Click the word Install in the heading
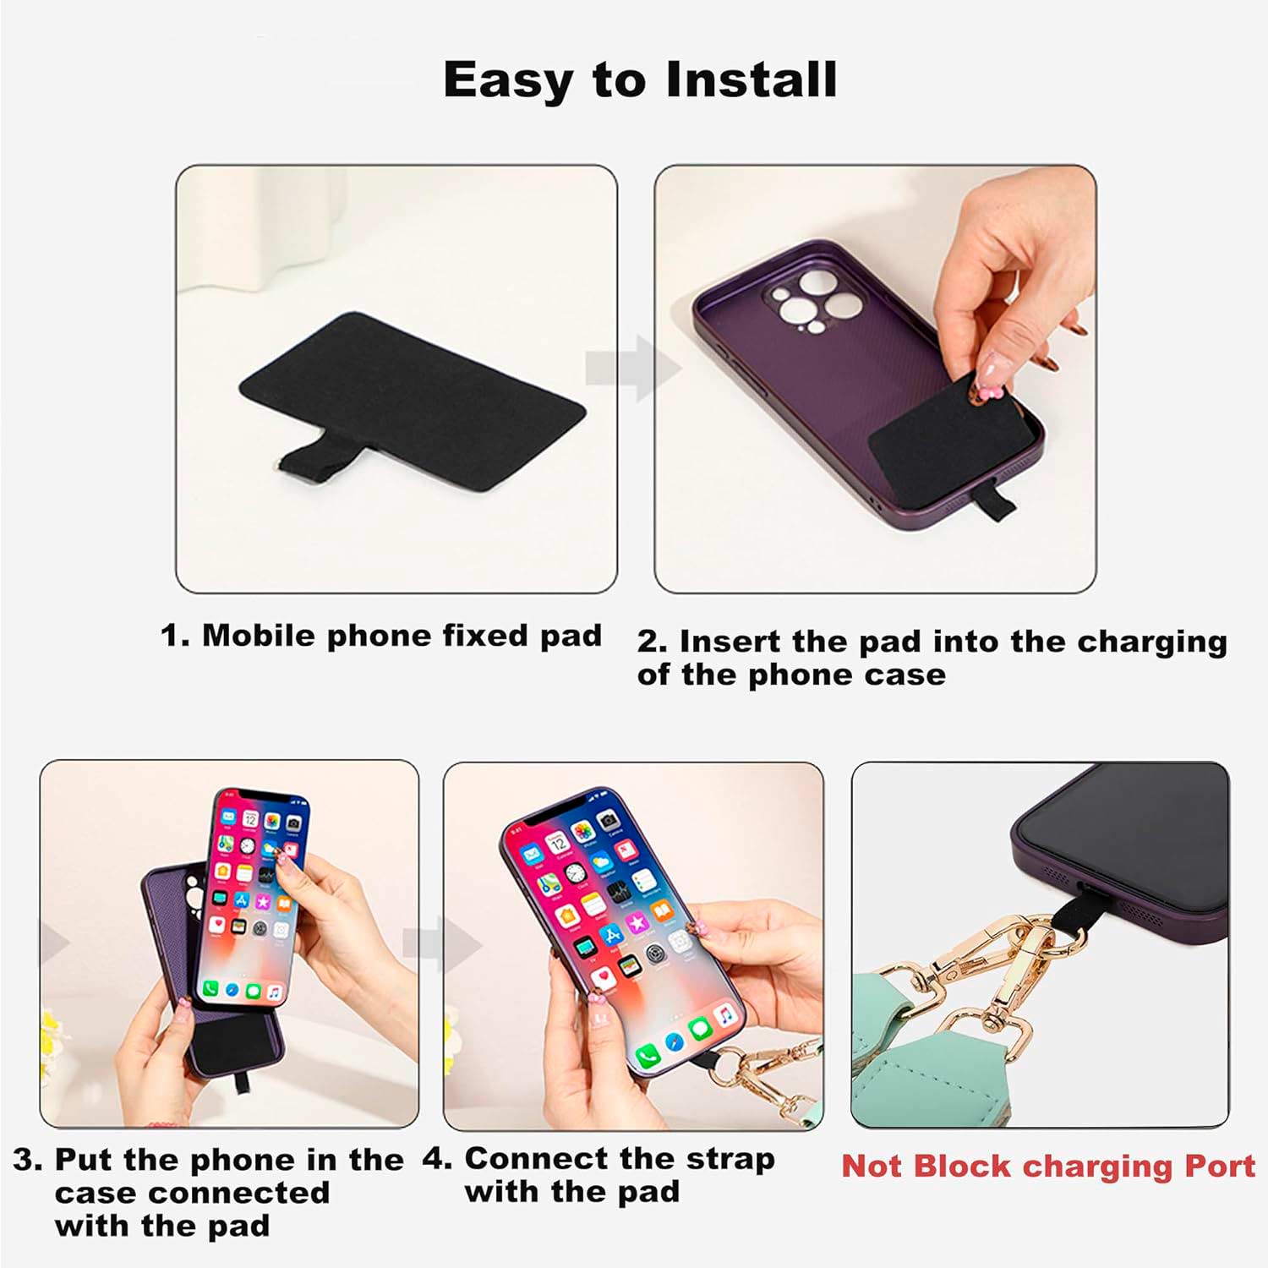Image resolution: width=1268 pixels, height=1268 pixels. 751,79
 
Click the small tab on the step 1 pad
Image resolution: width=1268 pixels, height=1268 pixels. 305,462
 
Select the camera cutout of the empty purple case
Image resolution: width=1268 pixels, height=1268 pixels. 813,300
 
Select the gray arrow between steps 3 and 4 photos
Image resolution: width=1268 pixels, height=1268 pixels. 441,944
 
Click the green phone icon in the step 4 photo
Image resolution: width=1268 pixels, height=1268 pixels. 648,1055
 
